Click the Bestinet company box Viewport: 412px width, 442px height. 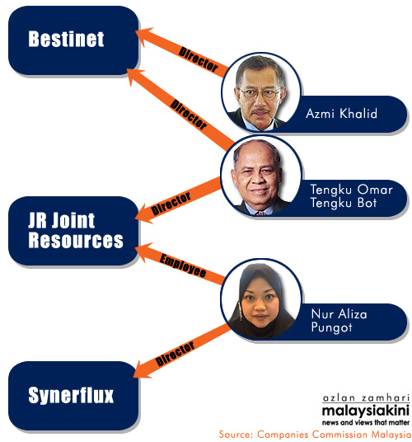pyautogui.click(x=73, y=40)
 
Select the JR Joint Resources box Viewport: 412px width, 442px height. pyautogui.click(x=73, y=231)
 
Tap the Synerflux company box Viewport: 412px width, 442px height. pyautogui.click(x=73, y=396)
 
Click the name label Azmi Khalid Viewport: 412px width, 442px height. pyautogui.click(x=341, y=114)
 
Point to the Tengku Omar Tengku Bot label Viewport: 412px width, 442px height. pyautogui.click(x=351, y=196)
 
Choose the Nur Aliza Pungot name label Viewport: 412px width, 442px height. pyautogui.click(x=339, y=321)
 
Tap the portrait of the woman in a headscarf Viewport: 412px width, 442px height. pyautogui.click(x=261, y=299)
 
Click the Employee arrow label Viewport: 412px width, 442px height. pyautogui.click(x=183, y=266)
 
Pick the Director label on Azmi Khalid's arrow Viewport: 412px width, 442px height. pyautogui.click(x=199, y=59)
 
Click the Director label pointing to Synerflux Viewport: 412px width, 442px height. pyautogui.click(x=175, y=354)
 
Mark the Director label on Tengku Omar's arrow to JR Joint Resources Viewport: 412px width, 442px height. pyautogui.click(x=171, y=204)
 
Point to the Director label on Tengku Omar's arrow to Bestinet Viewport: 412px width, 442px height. pyautogui.click(x=189, y=115)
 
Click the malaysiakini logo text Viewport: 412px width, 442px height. pyautogui.click(x=366, y=411)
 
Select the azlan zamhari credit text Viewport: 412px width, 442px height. pyautogui.click(x=366, y=398)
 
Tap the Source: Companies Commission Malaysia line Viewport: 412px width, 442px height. pyautogui.click(x=315, y=435)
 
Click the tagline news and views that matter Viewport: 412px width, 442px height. pyautogui.click(x=366, y=422)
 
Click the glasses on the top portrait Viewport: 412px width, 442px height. pyautogui.click(x=259, y=94)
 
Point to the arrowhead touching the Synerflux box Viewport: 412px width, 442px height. pyautogui.click(x=143, y=369)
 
